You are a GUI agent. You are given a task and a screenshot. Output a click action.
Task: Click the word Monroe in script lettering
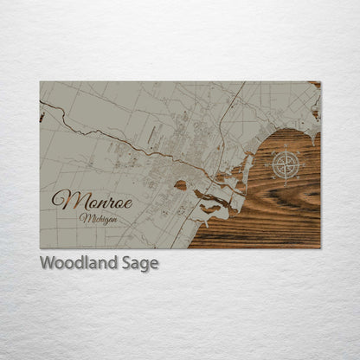[x=93, y=200]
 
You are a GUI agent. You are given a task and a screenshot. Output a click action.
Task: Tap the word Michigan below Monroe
[x=99, y=218]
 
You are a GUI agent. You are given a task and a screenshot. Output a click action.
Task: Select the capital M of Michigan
[x=84, y=218]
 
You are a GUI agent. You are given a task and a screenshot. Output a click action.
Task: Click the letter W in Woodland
[x=48, y=263]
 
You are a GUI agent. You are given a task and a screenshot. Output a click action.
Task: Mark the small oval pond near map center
[x=180, y=184]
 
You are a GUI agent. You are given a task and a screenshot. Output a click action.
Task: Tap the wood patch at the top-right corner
[x=314, y=86]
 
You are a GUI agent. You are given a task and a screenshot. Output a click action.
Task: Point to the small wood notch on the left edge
[x=42, y=116]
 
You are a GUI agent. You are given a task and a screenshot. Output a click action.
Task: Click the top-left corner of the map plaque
[x=40, y=81]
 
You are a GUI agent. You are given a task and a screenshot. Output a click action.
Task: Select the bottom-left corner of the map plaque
[x=40, y=248]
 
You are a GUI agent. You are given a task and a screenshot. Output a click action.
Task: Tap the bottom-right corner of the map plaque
[x=320, y=248]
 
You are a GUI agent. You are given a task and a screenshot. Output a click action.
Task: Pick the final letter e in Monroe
[x=128, y=202]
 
